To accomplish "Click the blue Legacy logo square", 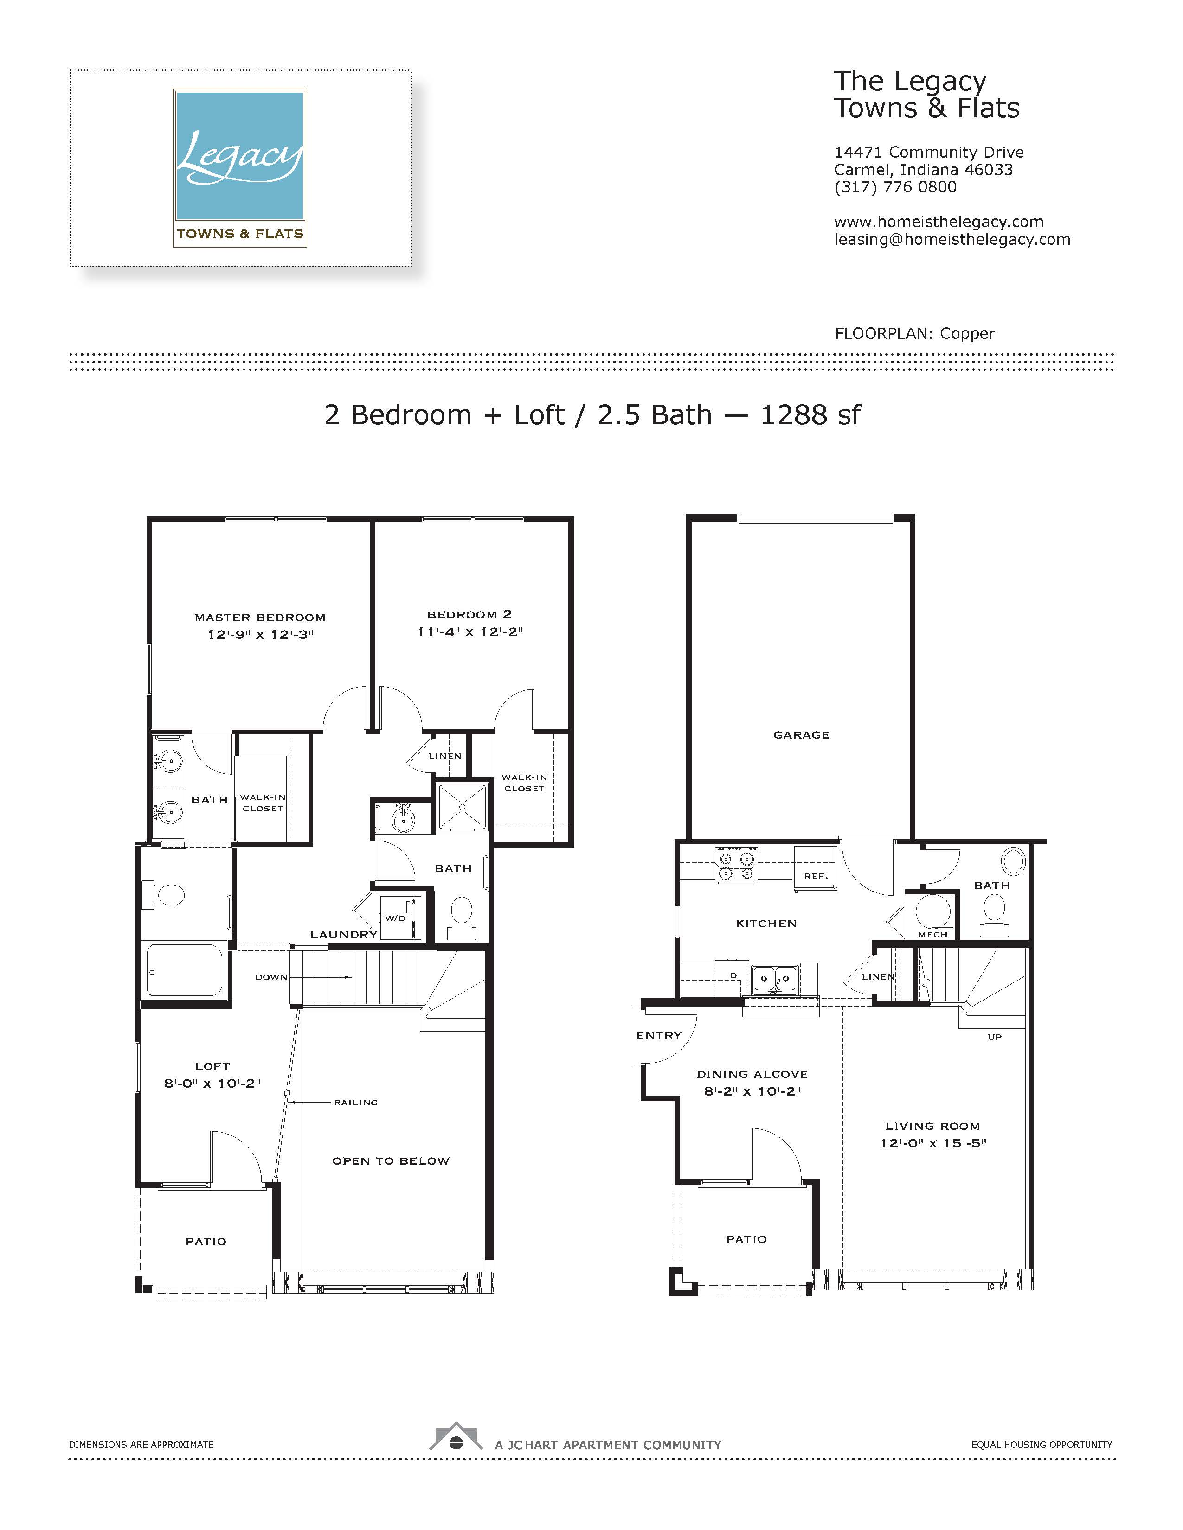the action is click(240, 155).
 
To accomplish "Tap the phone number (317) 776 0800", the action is click(895, 187).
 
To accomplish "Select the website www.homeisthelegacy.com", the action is click(939, 222).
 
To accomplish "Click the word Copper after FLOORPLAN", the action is click(967, 333).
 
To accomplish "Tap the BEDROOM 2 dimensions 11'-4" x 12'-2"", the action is click(470, 632).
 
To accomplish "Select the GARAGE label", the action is click(801, 735).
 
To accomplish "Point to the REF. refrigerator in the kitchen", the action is click(815, 869).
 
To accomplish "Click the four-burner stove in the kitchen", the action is click(736, 865).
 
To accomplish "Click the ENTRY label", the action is click(659, 1035).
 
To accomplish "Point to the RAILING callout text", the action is click(355, 1103).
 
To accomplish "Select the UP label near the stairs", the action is click(995, 1037).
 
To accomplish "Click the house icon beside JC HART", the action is click(456, 1436).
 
